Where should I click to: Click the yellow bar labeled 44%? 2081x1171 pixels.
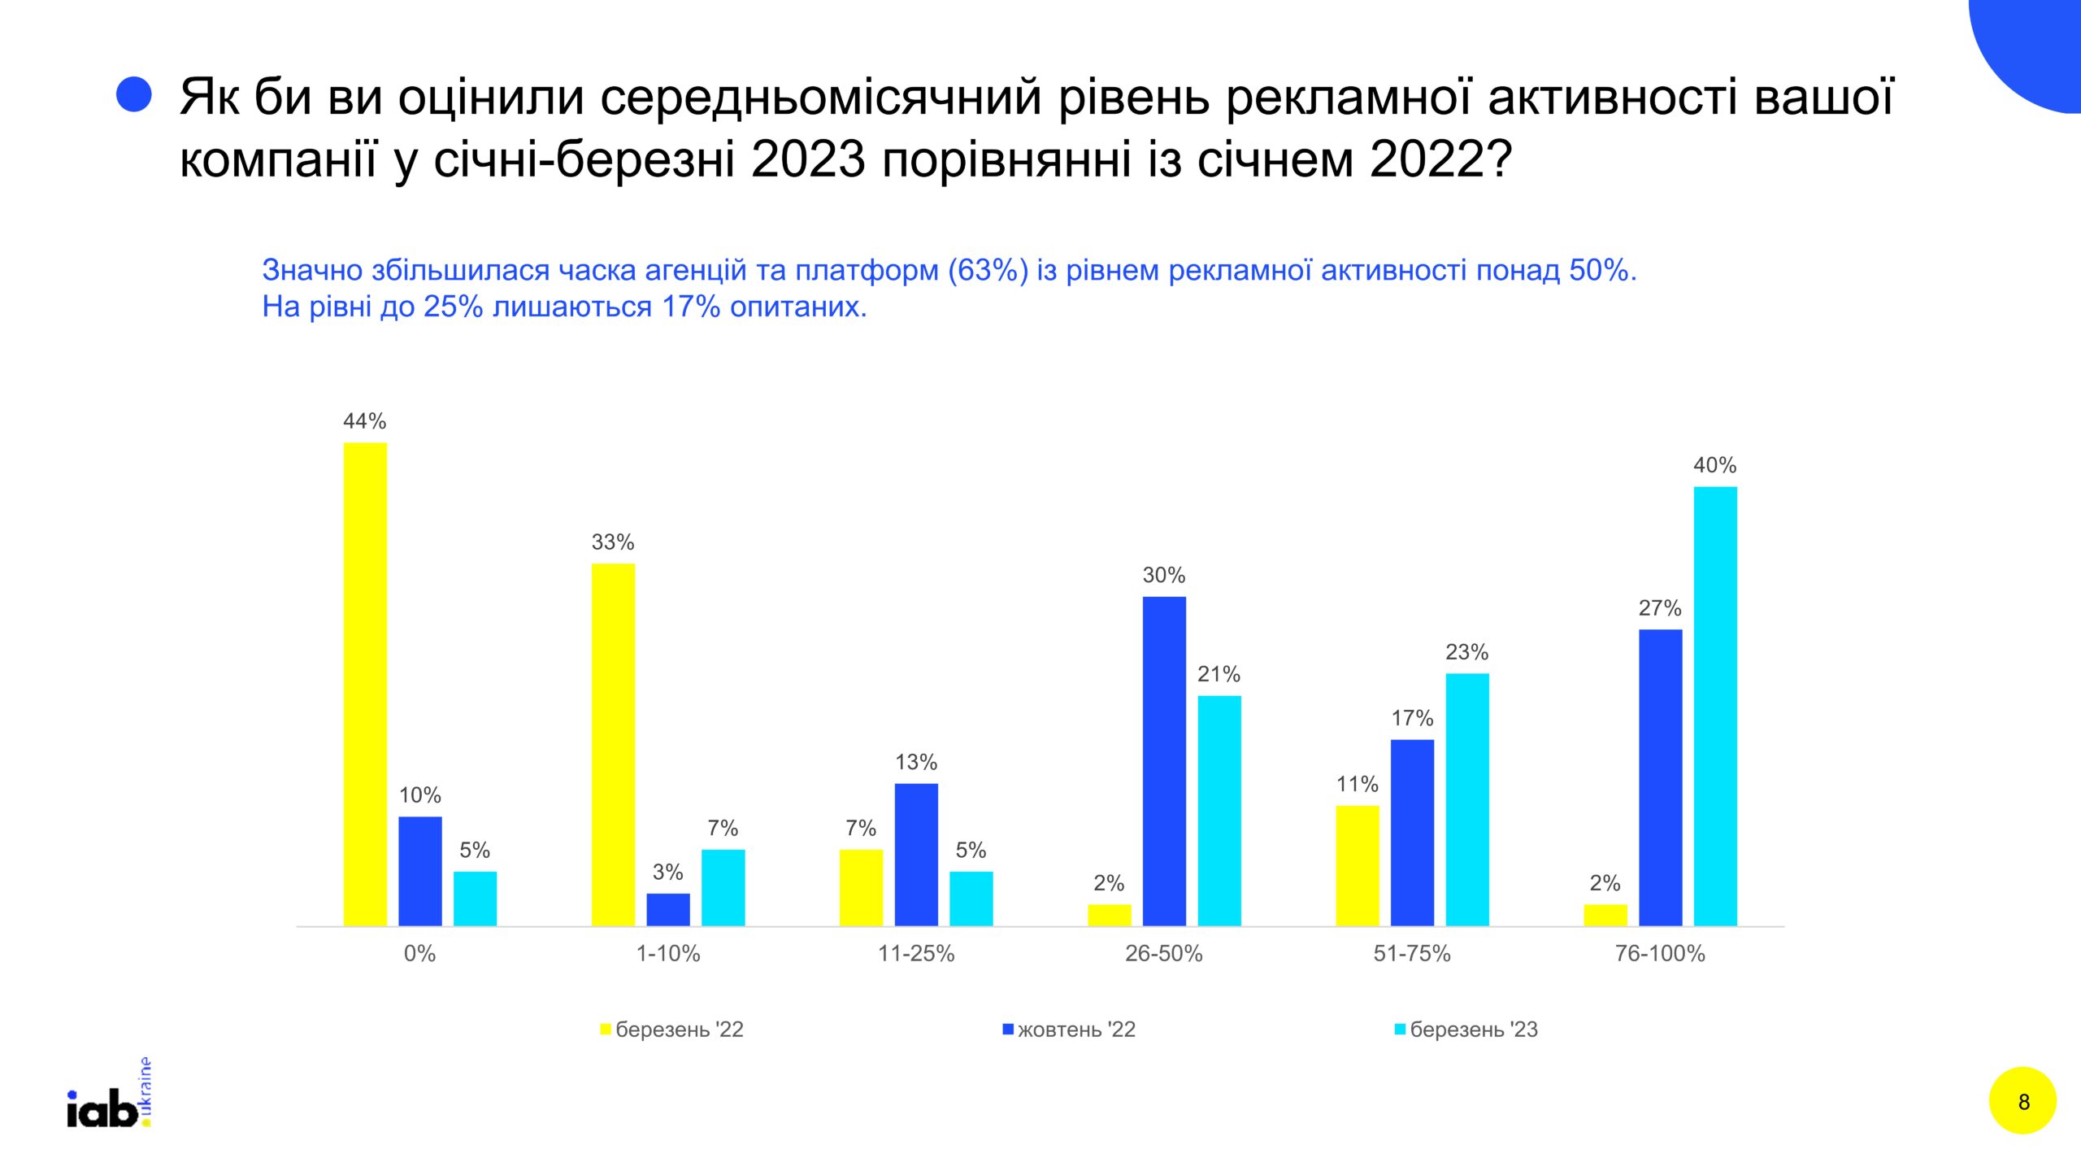click(365, 684)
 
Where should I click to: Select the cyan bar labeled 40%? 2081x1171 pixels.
click(1715, 706)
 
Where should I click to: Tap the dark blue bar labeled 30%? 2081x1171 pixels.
click(1164, 761)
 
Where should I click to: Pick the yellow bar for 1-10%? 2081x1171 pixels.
click(613, 744)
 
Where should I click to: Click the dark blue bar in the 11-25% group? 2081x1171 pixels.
click(916, 855)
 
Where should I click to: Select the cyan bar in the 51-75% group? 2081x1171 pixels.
click(1467, 799)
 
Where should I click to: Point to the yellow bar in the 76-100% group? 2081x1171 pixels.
click(1605, 915)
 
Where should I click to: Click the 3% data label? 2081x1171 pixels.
click(668, 873)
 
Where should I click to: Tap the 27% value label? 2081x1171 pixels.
click(1660, 608)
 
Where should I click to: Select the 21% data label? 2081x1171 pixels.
click(1219, 674)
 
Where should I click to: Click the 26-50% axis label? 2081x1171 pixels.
click(1164, 953)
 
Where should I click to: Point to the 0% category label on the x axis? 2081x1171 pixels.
click(420, 953)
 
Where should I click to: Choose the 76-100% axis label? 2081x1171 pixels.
click(1660, 953)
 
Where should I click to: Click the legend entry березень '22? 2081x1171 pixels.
click(672, 1030)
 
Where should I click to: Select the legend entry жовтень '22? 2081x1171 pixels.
click(1069, 1030)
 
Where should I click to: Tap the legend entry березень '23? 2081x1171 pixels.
click(1466, 1030)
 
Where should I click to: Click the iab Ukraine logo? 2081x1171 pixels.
click(109, 1093)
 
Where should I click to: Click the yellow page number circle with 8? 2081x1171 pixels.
click(2023, 1101)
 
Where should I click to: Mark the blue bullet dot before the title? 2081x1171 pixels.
click(134, 94)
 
